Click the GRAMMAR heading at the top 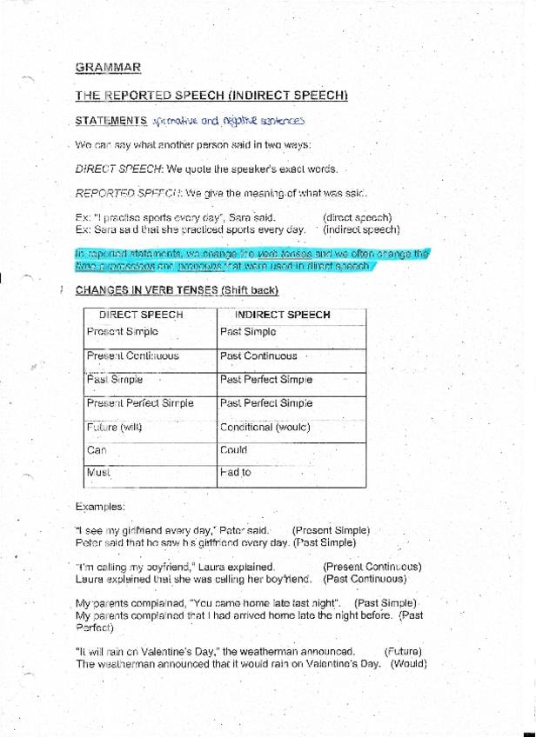(x=108, y=67)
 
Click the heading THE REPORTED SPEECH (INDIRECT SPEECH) (x=211, y=96)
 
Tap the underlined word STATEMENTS (x=111, y=121)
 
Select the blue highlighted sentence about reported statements (x=252, y=260)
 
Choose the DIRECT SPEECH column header (x=141, y=315)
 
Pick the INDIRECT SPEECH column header (x=283, y=315)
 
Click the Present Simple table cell (x=123, y=332)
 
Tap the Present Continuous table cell (x=132, y=356)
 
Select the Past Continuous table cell (x=258, y=356)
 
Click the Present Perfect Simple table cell (x=140, y=403)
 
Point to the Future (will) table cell (x=114, y=427)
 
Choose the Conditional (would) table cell (x=265, y=427)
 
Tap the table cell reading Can (x=97, y=450)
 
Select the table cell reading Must (x=98, y=473)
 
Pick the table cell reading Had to (x=235, y=473)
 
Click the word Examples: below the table (x=100, y=506)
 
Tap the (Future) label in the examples (x=402, y=651)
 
